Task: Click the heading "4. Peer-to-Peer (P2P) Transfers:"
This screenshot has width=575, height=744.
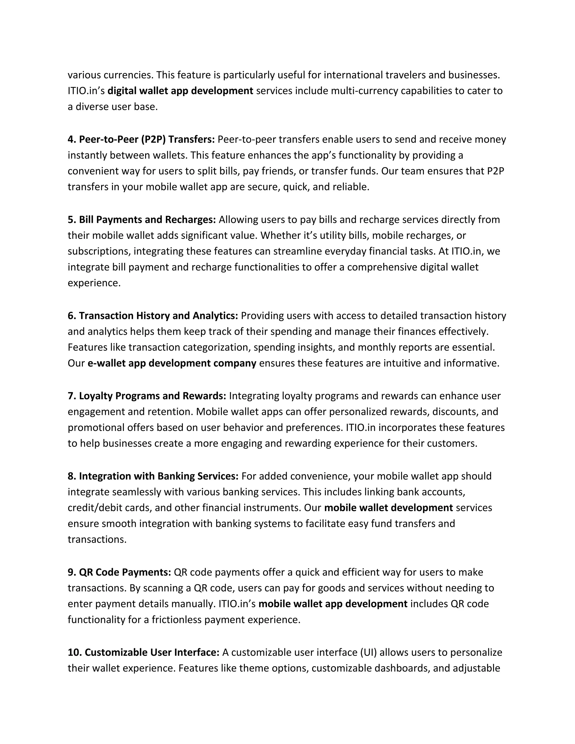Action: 141,139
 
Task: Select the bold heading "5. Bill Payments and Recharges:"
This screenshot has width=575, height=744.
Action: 142,220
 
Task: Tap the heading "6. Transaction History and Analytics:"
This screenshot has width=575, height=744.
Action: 153,316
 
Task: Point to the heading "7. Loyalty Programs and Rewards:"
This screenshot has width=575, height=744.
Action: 147,396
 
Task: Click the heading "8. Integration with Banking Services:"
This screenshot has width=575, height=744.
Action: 153,476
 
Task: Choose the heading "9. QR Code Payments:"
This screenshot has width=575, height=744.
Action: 119,572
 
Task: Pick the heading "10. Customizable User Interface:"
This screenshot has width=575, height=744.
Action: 143,652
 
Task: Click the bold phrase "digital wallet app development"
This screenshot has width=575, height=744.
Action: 180,91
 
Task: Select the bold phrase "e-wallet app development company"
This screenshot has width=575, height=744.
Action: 172,363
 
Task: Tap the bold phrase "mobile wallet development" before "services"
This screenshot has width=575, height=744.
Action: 388,508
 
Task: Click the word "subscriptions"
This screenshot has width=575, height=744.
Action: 99,251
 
